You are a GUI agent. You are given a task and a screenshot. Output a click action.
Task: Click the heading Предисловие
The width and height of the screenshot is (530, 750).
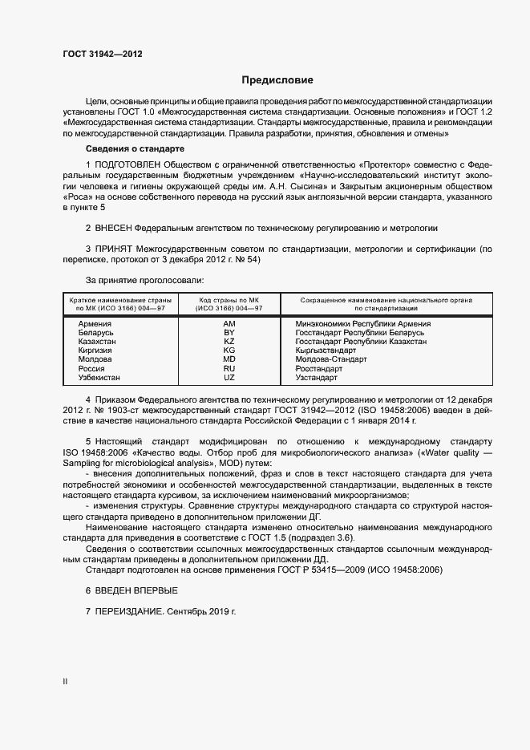coord(277,80)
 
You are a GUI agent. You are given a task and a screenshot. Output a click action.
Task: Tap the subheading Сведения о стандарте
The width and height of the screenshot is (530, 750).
coord(135,149)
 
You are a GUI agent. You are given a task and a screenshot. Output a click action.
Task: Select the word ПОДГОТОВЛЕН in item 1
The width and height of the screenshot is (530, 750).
coord(131,164)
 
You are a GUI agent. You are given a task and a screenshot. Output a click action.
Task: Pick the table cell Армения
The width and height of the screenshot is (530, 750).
coord(95,323)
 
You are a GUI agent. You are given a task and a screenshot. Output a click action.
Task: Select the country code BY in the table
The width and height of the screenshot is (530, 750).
coord(229,332)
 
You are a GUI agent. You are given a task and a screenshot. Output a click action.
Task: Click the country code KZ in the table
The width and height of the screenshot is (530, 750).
coord(229,341)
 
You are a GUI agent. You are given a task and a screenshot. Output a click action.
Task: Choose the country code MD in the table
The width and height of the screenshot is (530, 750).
coord(229,359)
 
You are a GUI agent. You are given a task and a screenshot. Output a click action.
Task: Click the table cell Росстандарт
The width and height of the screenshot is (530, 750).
coord(318,368)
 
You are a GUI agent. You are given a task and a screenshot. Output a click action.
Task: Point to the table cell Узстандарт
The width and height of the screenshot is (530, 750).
coord(317,377)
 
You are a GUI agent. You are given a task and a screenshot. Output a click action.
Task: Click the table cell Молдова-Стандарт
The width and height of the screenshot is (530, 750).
coord(331,359)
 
